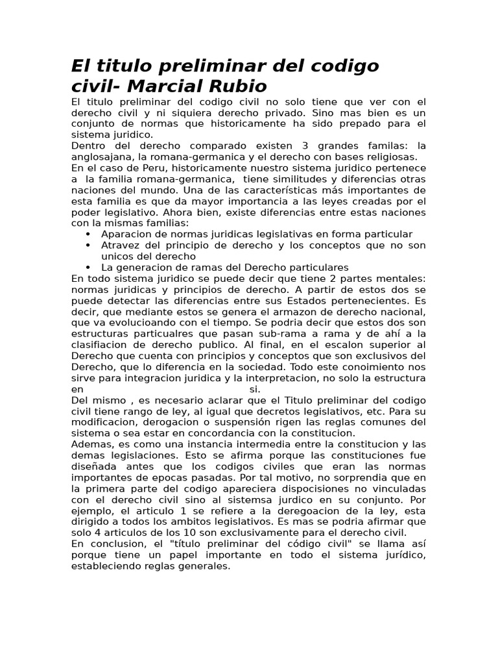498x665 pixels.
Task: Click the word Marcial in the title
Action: click(167, 86)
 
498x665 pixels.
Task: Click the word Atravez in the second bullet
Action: click(119, 245)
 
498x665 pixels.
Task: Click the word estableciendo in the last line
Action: click(106, 565)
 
